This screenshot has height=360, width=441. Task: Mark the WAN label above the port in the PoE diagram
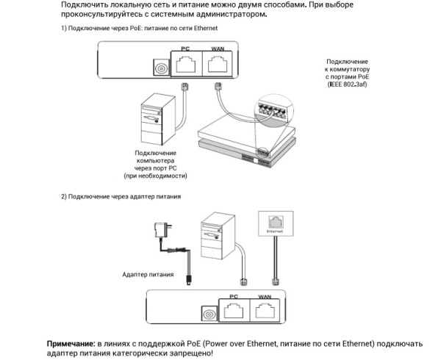[218, 48]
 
